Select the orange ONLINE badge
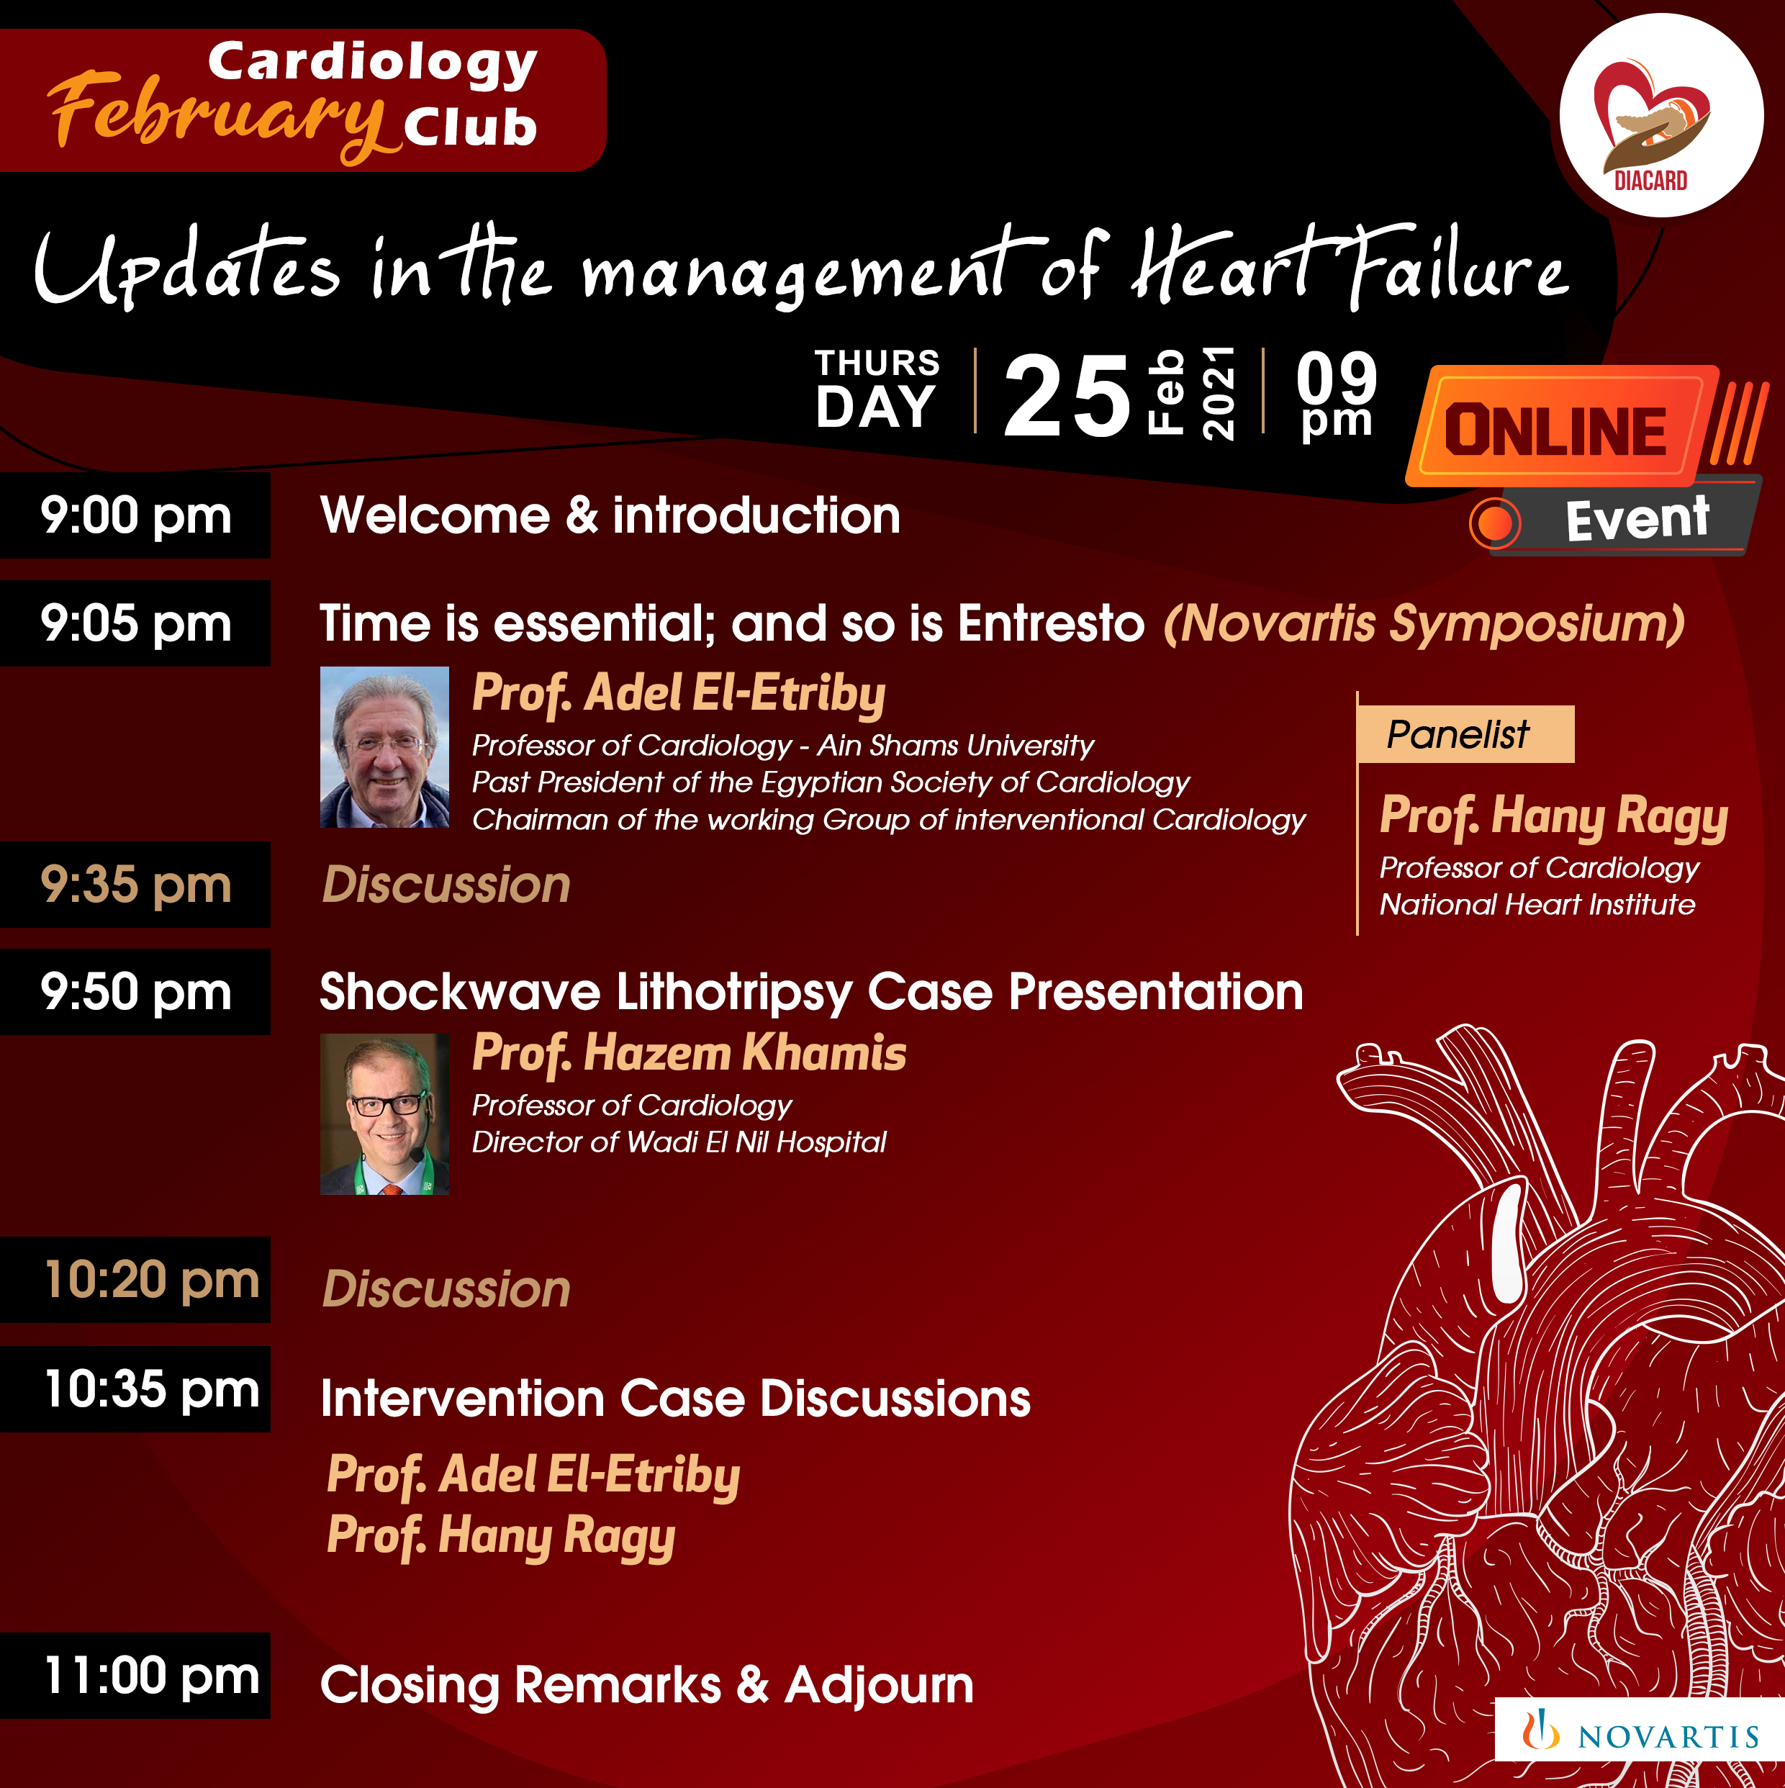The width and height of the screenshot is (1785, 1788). (1559, 428)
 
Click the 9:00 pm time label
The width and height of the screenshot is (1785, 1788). (135, 515)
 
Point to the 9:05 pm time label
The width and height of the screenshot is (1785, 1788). (135, 623)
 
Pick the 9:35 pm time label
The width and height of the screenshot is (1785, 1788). (135, 885)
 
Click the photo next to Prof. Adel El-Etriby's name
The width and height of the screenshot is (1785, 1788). (384, 747)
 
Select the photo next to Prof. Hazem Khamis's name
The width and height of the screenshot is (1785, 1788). (384, 1114)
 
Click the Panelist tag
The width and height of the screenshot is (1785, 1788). (1465, 734)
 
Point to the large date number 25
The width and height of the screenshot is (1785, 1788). (1067, 396)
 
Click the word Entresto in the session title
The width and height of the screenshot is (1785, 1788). (1051, 623)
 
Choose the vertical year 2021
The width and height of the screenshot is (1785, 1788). (1218, 392)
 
